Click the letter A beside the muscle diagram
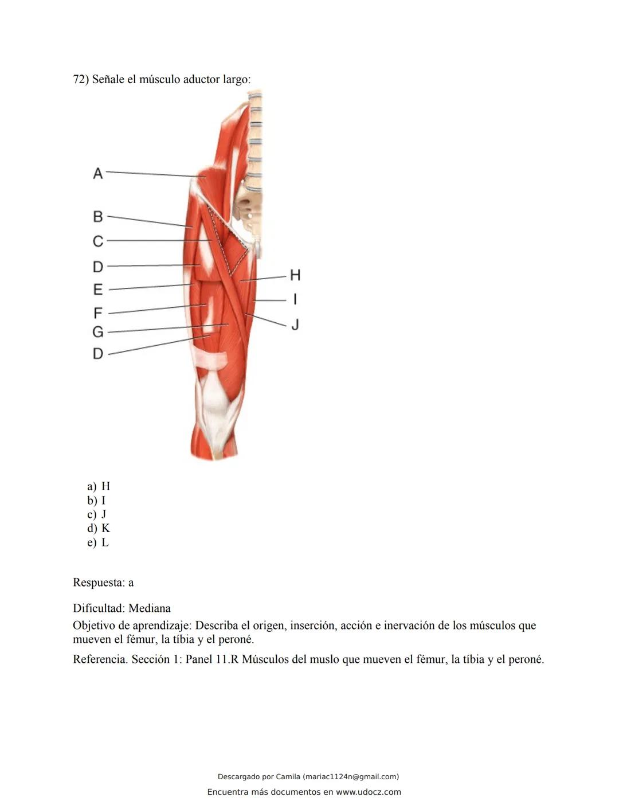tap(98, 173)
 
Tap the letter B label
tap(98, 217)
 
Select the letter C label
tap(98, 241)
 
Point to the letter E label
tap(98, 290)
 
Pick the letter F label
tap(98, 313)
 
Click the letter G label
tap(98, 332)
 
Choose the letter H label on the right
tap(295, 275)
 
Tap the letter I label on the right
tap(295, 299)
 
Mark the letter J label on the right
tap(295, 325)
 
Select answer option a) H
tap(99, 486)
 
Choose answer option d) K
tap(99, 528)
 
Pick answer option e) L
tap(98, 542)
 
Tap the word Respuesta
tap(98, 583)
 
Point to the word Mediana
tap(150, 608)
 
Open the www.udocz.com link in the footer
tap(369, 792)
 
